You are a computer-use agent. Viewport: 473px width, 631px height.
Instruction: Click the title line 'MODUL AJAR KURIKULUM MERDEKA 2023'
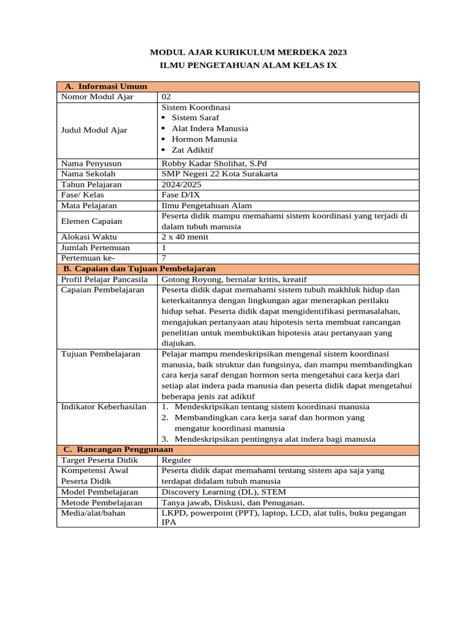point(245,52)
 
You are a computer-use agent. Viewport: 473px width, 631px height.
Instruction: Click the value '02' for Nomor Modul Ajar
point(166,97)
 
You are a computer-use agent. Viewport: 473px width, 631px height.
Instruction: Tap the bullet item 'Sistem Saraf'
point(195,118)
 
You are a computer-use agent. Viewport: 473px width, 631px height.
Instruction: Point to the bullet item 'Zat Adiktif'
point(193,150)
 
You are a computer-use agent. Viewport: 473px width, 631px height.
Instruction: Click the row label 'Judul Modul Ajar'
point(94,130)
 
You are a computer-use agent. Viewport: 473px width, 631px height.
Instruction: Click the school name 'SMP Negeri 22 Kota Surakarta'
point(219,174)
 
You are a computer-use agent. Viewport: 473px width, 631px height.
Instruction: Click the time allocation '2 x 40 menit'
point(185,237)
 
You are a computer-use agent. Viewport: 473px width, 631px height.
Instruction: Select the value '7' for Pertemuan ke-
point(164,258)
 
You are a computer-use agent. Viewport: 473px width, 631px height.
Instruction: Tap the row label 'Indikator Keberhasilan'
point(104,407)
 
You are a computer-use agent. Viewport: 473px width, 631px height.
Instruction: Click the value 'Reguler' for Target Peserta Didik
point(176,460)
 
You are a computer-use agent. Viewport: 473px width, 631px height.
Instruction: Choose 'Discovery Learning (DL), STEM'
point(224,492)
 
